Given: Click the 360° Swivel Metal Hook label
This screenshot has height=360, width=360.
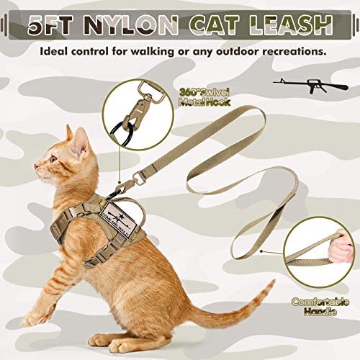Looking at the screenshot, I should [206, 96].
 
